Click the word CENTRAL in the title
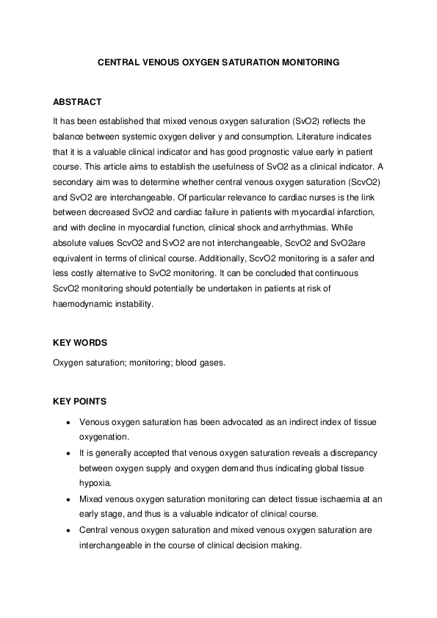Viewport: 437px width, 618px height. tap(117, 63)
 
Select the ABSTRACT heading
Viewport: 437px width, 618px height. tap(77, 102)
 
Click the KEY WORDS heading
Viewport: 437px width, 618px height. tap(80, 343)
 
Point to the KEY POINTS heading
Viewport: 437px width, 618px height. tap(80, 401)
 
